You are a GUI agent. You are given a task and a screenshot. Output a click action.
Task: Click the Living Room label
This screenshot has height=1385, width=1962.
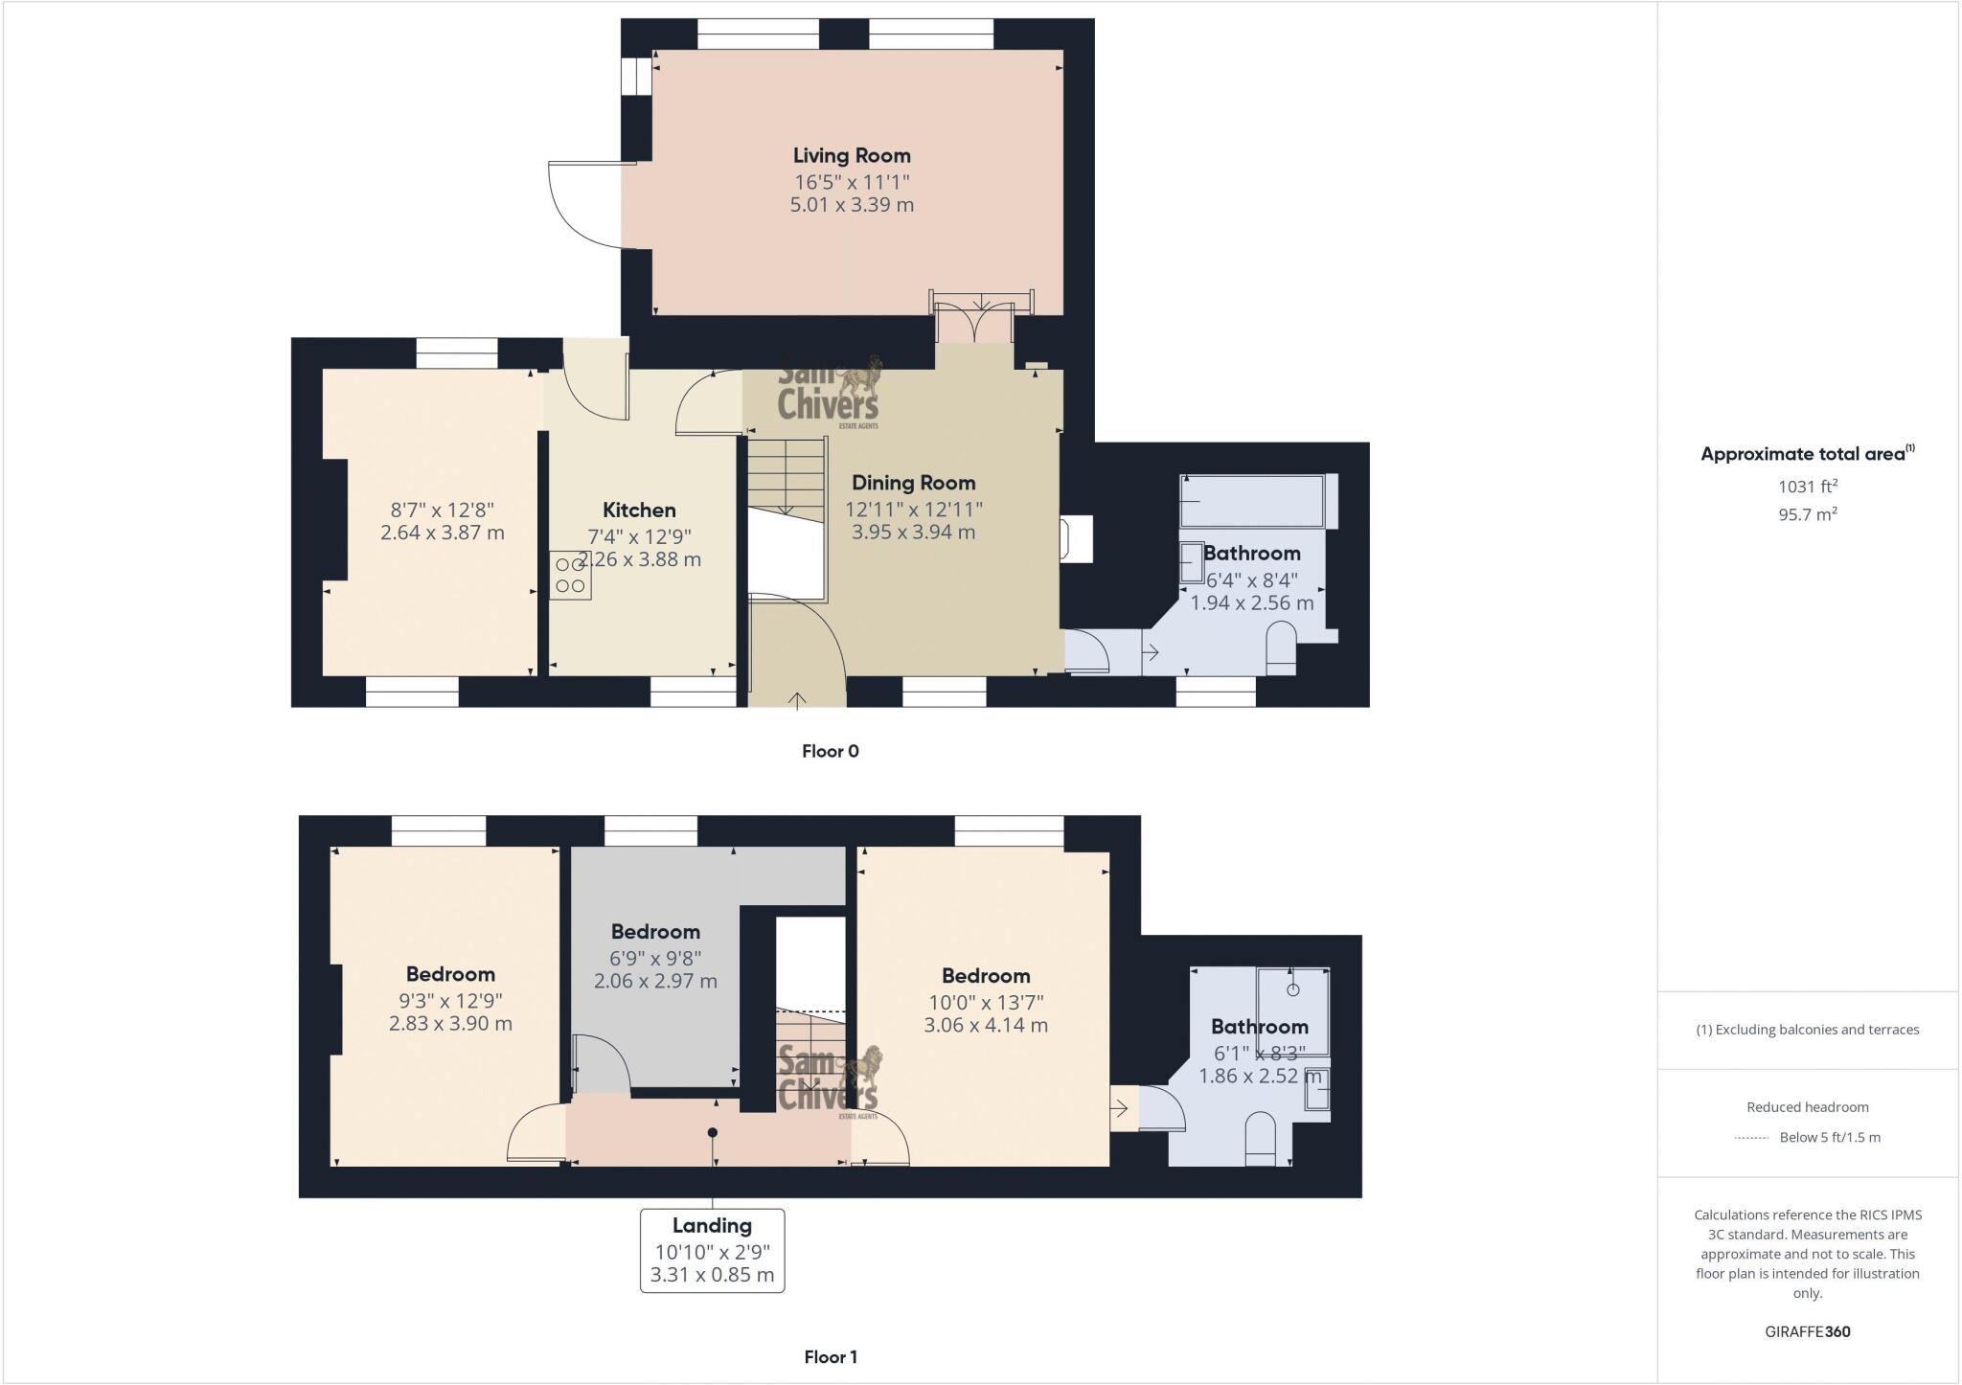tap(852, 155)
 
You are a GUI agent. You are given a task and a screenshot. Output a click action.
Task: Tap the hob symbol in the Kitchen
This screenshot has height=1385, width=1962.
tap(570, 576)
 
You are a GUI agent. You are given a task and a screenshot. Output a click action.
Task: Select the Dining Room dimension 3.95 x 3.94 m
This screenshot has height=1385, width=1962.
tap(913, 533)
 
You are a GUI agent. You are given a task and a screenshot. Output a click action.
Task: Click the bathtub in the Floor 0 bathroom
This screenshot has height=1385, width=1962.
tap(1252, 501)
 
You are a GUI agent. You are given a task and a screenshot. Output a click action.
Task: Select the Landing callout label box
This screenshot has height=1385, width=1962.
tap(712, 1250)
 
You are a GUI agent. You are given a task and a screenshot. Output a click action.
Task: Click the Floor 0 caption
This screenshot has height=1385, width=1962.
tap(830, 751)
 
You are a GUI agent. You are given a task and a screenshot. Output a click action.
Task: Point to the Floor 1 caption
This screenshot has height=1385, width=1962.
tap(830, 1356)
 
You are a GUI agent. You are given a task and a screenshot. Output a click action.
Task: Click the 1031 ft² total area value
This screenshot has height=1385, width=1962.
tap(1807, 487)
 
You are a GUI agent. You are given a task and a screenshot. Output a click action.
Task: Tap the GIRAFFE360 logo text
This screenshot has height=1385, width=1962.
tap(1807, 1331)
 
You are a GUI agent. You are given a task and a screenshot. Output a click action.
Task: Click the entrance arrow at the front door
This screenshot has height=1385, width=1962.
tap(797, 700)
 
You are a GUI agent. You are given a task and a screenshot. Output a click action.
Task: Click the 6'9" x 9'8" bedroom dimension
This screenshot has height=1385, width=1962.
tap(655, 958)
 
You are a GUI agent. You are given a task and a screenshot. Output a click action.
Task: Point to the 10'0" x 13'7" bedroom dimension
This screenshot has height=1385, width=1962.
tap(985, 1002)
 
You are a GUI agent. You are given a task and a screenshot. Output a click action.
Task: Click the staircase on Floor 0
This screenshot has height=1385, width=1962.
tap(787, 479)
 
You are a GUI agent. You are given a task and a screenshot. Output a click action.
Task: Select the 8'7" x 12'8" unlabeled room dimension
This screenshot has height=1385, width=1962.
tap(442, 510)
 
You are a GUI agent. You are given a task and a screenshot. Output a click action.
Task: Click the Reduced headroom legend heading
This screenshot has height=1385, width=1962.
tap(1807, 1106)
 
